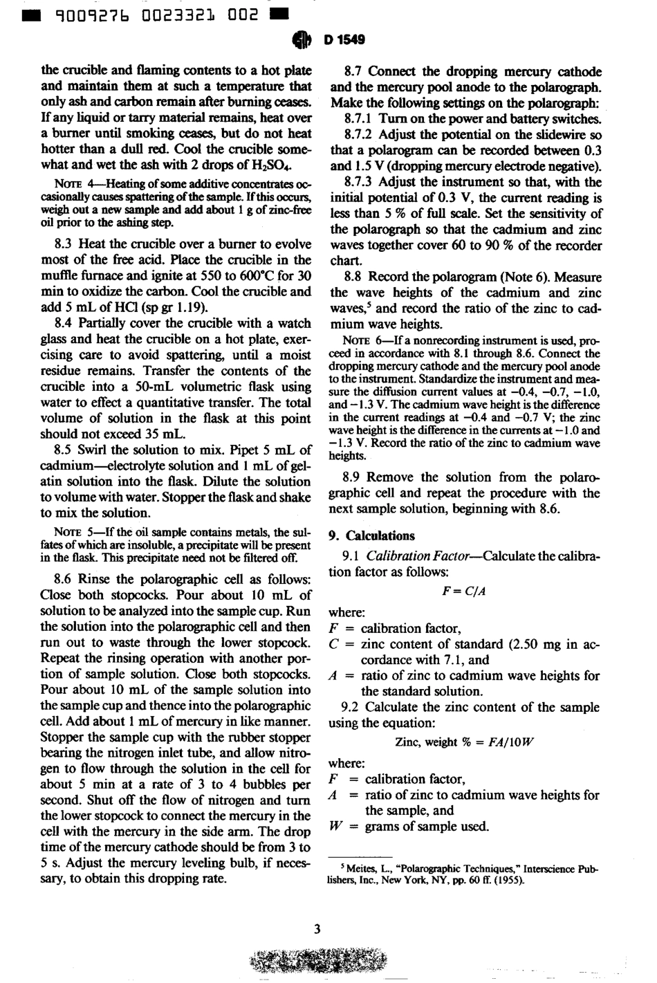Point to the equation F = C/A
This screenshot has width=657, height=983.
pos(463,592)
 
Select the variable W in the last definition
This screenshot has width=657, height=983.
pos(335,826)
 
